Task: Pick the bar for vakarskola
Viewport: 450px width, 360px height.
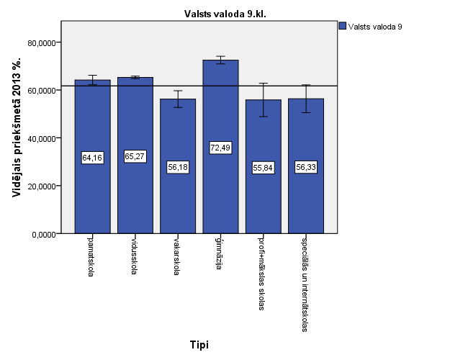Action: click(178, 202)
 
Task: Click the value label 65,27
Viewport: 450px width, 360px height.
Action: click(135, 157)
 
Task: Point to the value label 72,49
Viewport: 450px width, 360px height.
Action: click(220, 148)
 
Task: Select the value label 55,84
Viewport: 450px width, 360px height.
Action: click(263, 168)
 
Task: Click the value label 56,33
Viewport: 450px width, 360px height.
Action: click(306, 167)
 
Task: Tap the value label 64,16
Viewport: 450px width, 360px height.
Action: click(92, 157)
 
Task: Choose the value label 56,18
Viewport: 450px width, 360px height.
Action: click(178, 167)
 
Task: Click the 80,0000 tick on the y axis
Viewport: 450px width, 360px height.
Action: click(42, 43)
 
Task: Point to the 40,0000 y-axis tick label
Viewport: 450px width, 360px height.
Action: click(42, 138)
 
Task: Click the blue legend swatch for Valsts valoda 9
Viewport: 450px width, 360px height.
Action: click(343, 26)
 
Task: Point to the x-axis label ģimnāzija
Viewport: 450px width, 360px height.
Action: click(220, 251)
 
